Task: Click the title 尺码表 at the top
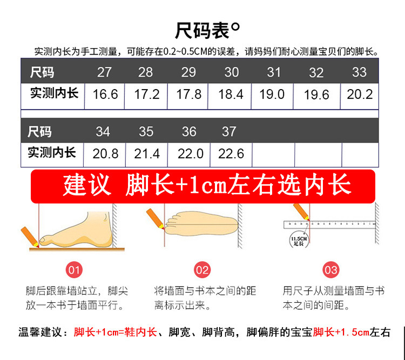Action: tap(201, 30)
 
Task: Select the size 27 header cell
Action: tap(105, 72)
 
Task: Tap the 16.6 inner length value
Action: tap(105, 94)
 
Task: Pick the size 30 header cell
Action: tap(232, 72)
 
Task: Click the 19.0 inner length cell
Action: tap(272, 94)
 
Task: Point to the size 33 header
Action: tap(359, 72)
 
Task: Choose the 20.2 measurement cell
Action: tap(360, 94)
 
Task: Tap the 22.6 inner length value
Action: tap(231, 154)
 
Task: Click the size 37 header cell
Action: tap(229, 131)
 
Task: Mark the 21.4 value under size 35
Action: tap(147, 154)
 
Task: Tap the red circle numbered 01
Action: tap(74, 270)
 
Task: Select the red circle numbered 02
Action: tap(202, 270)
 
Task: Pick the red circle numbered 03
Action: tap(331, 270)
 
